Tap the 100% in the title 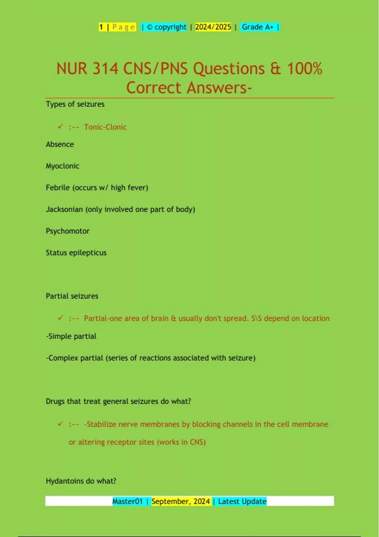(304, 69)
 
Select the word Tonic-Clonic (105, 127)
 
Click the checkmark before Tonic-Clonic (60, 127)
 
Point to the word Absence (60, 144)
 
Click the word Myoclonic (63, 166)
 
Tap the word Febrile (58, 188)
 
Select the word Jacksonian (64, 209)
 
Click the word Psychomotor (68, 231)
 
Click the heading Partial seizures (72, 296)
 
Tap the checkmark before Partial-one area (60, 318)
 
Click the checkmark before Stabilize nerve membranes (60, 424)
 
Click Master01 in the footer (128, 501)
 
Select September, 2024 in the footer (181, 501)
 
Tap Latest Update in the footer (242, 501)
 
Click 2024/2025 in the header (213, 27)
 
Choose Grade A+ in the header (258, 27)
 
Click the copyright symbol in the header (150, 27)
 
